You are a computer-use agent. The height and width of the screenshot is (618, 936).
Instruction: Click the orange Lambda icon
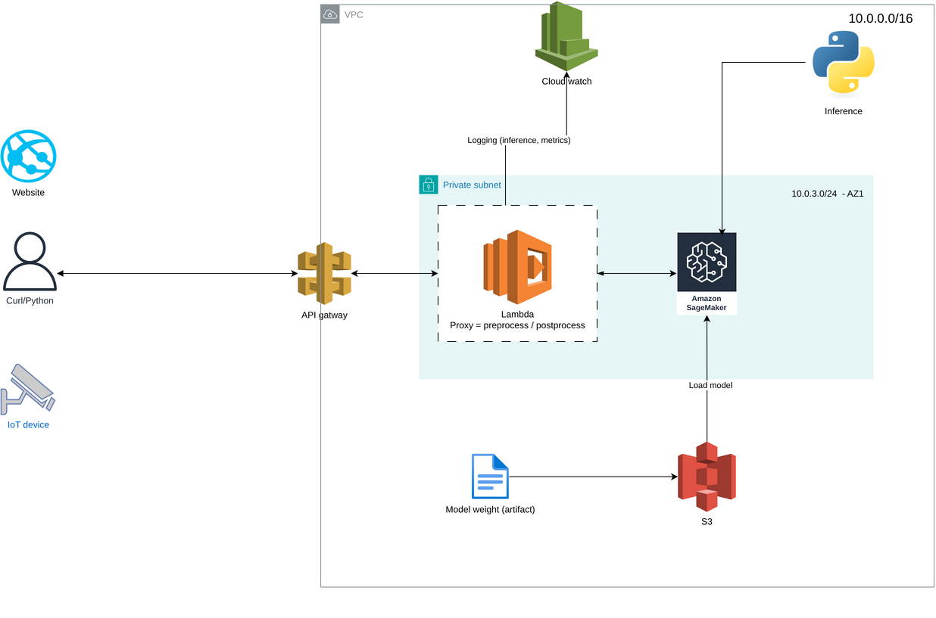point(518,262)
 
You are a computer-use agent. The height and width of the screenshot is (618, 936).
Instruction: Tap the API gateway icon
point(324,273)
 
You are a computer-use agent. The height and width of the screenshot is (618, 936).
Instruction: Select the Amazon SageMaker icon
point(707,262)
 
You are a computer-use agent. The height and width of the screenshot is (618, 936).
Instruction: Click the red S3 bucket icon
point(707,477)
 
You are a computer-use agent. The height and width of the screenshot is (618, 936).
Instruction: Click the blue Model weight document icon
point(490,477)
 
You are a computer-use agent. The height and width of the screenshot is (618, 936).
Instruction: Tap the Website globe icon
point(29,157)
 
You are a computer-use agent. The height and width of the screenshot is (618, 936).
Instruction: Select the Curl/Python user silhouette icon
point(30,262)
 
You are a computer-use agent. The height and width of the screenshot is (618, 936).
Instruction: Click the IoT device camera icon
point(27,389)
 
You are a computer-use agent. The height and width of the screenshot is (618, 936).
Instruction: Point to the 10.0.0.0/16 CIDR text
point(880,18)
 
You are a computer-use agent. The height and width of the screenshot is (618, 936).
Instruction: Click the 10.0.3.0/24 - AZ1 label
point(827,194)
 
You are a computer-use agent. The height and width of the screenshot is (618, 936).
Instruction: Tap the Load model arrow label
point(710,385)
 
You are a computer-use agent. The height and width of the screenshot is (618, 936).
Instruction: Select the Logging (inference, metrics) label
point(519,140)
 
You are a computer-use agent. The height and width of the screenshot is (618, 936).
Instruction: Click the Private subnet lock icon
point(429,185)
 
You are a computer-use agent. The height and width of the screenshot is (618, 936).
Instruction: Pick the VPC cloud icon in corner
point(330,14)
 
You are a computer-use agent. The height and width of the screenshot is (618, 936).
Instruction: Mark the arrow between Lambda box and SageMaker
point(637,273)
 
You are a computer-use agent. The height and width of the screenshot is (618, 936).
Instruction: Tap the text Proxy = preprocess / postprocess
point(517,325)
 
